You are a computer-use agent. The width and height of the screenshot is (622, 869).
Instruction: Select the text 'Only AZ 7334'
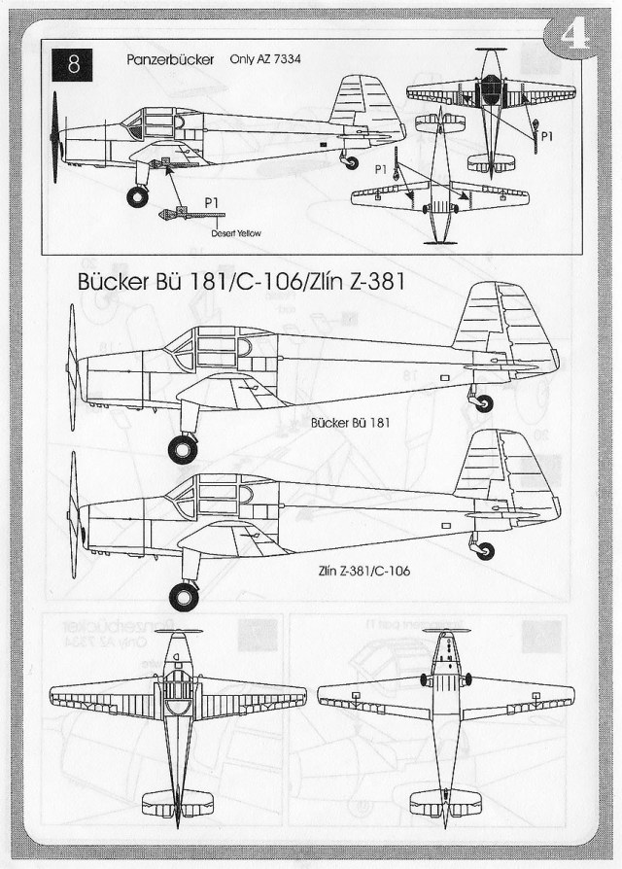coord(265,59)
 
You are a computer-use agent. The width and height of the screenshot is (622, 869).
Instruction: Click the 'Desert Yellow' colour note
coord(238,233)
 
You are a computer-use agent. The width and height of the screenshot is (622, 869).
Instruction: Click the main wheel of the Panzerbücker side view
coord(138,197)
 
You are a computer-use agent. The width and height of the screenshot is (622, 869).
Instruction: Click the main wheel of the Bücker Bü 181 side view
coord(183,448)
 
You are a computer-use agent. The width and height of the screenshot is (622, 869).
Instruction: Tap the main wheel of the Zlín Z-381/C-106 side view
coord(183,595)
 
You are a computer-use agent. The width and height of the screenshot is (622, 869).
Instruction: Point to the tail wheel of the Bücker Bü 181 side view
coord(483,402)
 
